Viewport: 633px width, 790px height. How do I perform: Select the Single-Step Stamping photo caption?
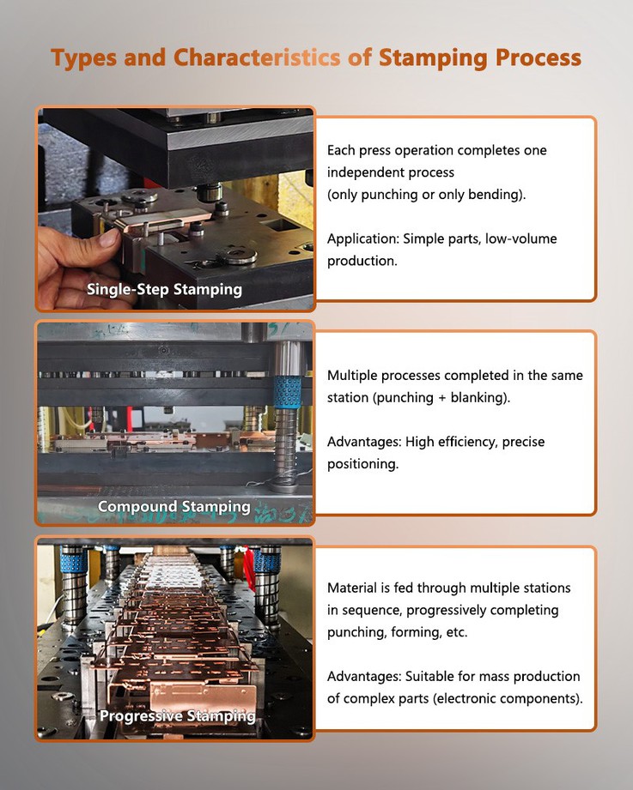[164, 289]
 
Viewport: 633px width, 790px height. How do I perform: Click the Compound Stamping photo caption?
[174, 506]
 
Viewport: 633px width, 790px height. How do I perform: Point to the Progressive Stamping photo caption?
[177, 715]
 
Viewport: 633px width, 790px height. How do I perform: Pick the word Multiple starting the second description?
[354, 376]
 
